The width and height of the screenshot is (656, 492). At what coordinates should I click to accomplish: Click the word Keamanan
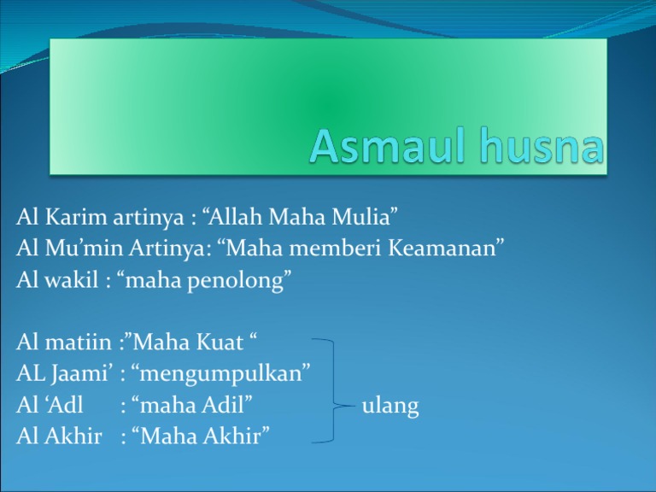tap(446, 248)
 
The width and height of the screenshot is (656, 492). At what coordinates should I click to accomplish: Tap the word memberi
tap(335, 248)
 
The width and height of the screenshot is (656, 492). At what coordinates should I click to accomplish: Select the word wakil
tap(71, 279)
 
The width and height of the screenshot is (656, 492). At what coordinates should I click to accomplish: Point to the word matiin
tap(79, 342)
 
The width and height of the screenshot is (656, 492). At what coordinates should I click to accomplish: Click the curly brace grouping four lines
tap(334, 390)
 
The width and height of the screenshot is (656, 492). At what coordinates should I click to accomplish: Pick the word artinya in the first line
tap(149, 218)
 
